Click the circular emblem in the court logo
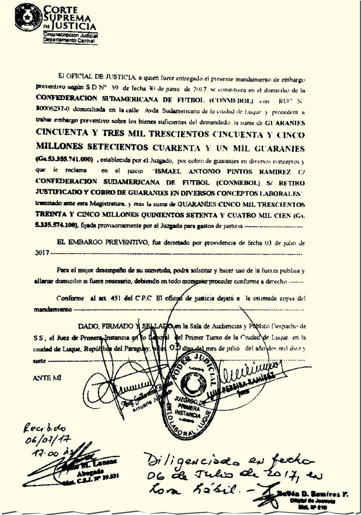pos(28,17)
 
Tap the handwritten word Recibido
pos(45,428)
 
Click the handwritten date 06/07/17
pos(47,441)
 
